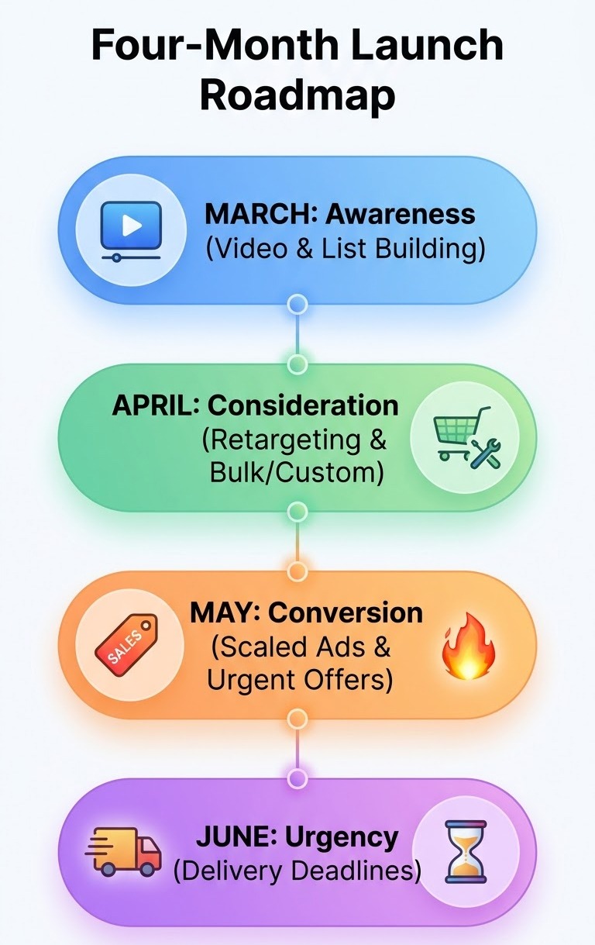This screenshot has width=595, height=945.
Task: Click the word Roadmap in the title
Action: (x=298, y=95)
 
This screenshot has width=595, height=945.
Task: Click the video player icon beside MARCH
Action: (x=131, y=229)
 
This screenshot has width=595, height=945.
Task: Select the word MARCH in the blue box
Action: (x=253, y=214)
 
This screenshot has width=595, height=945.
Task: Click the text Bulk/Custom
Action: (x=297, y=472)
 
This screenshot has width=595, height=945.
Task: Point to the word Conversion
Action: (x=346, y=612)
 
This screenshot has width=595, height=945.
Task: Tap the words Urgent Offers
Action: (x=299, y=680)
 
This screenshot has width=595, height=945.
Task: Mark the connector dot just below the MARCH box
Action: (x=297, y=304)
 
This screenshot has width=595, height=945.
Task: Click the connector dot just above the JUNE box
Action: (x=297, y=777)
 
